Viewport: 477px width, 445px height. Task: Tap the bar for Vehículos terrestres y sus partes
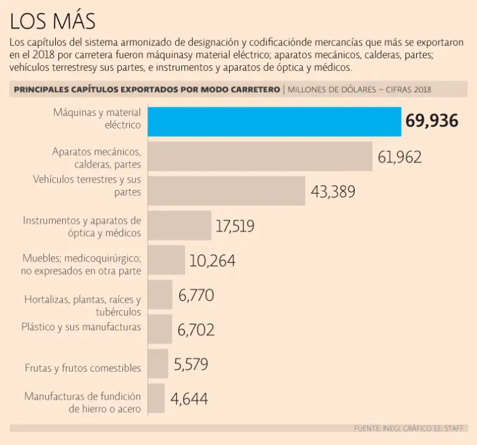pos(227,191)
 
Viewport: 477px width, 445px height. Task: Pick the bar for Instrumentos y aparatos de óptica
pos(180,225)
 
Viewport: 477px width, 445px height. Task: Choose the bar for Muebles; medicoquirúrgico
pos(166,260)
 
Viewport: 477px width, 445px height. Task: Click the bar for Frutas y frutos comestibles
pos(158,364)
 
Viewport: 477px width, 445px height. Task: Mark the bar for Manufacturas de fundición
pos(157,398)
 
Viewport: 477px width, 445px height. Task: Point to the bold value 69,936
pos(432,121)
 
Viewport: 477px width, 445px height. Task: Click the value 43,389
pos(333,192)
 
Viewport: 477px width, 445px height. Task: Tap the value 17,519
pos(235,227)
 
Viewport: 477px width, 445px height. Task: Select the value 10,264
pos(212,261)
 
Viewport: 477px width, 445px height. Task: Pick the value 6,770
pos(196,295)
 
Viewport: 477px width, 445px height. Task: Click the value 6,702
pos(196,330)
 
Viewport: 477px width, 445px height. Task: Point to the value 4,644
pos(189,399)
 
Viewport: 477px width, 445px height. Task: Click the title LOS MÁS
pos(53,22)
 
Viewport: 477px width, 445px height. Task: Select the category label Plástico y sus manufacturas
pos(81,326)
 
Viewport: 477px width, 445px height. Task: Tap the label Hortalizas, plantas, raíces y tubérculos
pos(83,305)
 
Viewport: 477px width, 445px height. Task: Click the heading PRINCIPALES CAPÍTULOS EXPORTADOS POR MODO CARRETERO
pos(147,89)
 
